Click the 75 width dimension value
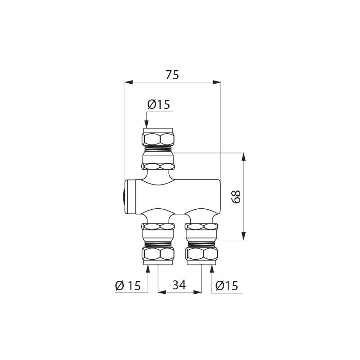(x=172, y=75)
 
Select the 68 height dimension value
(x=236, y=196)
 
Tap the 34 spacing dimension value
(x=179, y=285)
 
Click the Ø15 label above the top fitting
(x=158, y=104)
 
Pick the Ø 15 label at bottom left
(x=128, y=285)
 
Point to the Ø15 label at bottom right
(x=226, y=285)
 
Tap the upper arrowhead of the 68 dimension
(x=243, y=157)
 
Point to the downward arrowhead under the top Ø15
(x=146, y=124)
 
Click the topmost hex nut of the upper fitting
(x=158, y=137)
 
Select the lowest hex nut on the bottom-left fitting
(x=158, y=254)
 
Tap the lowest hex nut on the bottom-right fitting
(x=201, y=254)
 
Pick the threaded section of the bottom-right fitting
(x=201, y=244)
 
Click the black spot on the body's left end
(x=123, y=197)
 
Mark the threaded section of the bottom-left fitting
(x=158, y=244)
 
